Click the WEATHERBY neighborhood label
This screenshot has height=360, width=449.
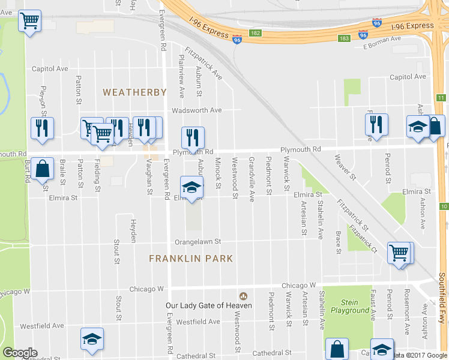(134, 92)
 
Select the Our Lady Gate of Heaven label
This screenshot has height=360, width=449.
(208, 305)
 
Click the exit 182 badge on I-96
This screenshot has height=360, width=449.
(256, 32)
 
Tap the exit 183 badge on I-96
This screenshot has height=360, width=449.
(344, 38)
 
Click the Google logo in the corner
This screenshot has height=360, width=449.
(20, 353)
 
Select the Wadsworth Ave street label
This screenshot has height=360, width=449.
(197, 110)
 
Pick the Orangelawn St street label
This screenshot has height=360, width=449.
(198, 242)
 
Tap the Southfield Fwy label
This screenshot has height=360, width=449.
(442, 297)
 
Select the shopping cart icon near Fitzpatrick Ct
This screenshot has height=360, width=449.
(399, 253)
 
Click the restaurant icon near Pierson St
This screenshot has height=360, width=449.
(42, 128)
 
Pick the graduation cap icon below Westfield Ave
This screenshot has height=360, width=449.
(91, 339)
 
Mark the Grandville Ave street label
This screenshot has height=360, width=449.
(252, 172)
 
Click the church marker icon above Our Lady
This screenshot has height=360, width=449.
(243, 296)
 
